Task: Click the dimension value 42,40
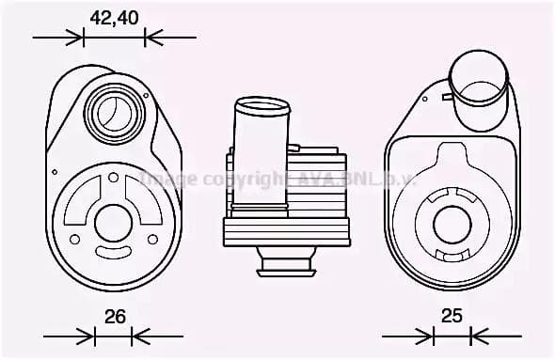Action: (113, 17)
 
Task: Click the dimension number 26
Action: (115, 317)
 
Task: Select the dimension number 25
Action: (452, 316)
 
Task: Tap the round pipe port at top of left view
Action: (114, 113)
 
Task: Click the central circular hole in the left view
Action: (113, 224)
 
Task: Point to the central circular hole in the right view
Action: (452, 224)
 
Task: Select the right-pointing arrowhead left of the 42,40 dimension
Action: (74, 38)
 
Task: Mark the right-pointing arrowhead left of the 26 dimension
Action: (86, 336)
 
